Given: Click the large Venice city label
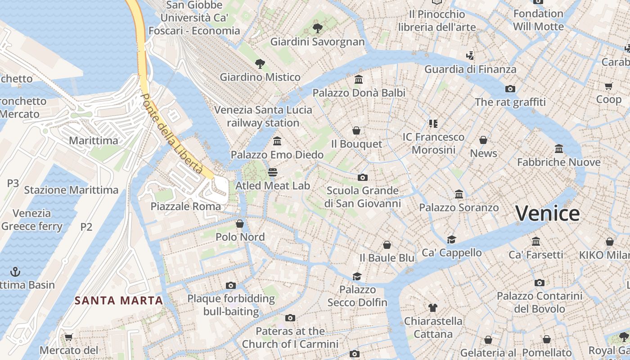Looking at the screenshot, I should pyautogui.click(x=547, y=213).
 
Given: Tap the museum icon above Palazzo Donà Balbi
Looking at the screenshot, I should pyautogui.click(x=359, y=80).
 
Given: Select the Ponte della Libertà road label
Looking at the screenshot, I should pyautogui.click(x=171, y=134).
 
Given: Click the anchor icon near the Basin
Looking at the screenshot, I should pyautogui.click(x=16, y=272).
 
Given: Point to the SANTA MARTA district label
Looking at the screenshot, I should pyautogui.click(x=119, y=300).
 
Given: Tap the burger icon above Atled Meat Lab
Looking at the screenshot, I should pyautogui.click(x=273, y=172).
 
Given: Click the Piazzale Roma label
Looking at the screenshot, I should pyautogui.click(x=186, y=207).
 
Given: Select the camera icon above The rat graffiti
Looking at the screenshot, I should pyautogui.click(x=510, y=89).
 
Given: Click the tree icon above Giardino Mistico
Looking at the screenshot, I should pyautogui.click(x=260, y=63).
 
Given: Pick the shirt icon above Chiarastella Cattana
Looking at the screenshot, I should pyautogui.click(x=432, y=308).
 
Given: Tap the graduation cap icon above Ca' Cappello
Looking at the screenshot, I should pyautogui.click(x=451, y=239).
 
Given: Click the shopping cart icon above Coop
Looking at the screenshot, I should pyautogui.click(x=608, y=85).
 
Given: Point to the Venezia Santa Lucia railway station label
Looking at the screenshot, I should pyautogui.click(x=263, y=116).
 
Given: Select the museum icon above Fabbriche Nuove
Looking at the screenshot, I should pyautogui.click(x=559, y=148).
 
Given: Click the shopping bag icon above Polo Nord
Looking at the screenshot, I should pyautogui.click(x=240, y=223).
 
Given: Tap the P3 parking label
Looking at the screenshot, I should pyautogui.click(x=13, y=183).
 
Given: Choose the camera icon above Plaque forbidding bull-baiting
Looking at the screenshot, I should pyautogui.click(x=230, y=285).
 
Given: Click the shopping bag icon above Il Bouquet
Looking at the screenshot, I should pyautogui.click(x=356, y=130).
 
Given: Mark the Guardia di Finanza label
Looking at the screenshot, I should pyautogui.click(x=470, y=69).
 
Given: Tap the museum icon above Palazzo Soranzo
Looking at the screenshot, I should pyautogui.click(x=459, y=194).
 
